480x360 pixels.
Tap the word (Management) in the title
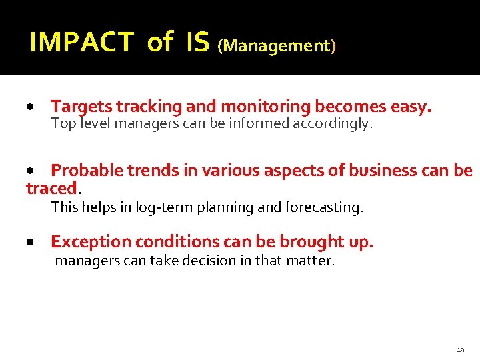[x=277, y=46]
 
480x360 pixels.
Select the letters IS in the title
[x=199, y=43]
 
